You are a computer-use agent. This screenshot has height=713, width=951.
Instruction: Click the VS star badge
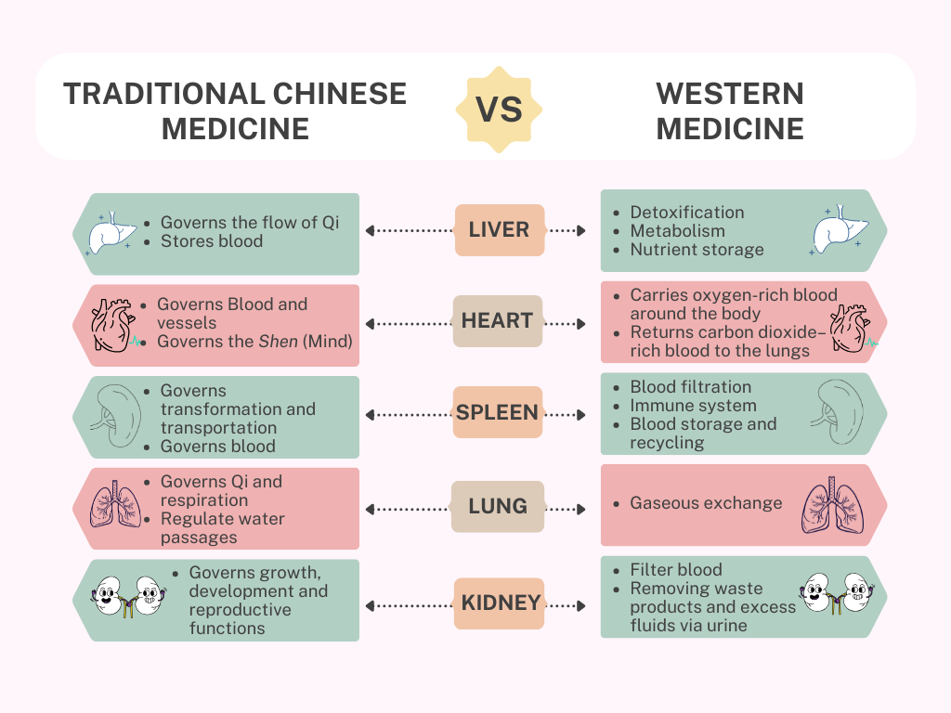click(x=499, y=110)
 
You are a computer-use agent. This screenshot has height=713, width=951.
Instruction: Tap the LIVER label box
click(x=500, y=230)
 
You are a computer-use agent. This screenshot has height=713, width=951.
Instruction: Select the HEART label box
click(x=498, y=320)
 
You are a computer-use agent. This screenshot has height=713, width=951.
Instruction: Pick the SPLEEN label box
click(x=498, y=412)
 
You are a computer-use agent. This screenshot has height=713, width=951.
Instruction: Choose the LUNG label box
click(x=498, y=506)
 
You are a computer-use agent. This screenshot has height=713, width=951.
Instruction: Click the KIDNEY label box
click(x=499, y=603)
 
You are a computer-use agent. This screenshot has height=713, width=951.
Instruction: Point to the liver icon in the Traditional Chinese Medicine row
click(x=111, y=233)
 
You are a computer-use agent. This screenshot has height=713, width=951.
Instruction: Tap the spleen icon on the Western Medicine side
click(x=837, y=411)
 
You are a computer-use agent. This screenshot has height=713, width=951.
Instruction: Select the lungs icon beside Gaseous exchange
click(x=833, y=505)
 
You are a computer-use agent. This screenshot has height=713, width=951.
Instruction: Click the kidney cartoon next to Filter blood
click(x=838, y=594)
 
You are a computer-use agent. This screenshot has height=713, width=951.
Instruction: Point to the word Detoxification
click(x=687, y=213)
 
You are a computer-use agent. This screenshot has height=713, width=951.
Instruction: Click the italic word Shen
click(x=279, y=342)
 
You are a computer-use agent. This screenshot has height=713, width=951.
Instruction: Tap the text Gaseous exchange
click(x=706, y=502)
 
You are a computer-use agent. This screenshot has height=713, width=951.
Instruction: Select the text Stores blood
click(x=212, y=241)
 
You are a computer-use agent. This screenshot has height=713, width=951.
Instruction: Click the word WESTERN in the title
click(x=730, y=94)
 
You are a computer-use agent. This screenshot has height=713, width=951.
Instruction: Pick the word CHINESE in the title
click(x=340, y=94)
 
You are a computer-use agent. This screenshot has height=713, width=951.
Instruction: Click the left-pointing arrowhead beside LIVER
click(x=370, y=230)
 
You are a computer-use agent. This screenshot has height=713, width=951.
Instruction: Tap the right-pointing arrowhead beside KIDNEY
click(x=581, y=605)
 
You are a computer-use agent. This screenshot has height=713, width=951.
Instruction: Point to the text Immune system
click(x=693, y=406)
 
